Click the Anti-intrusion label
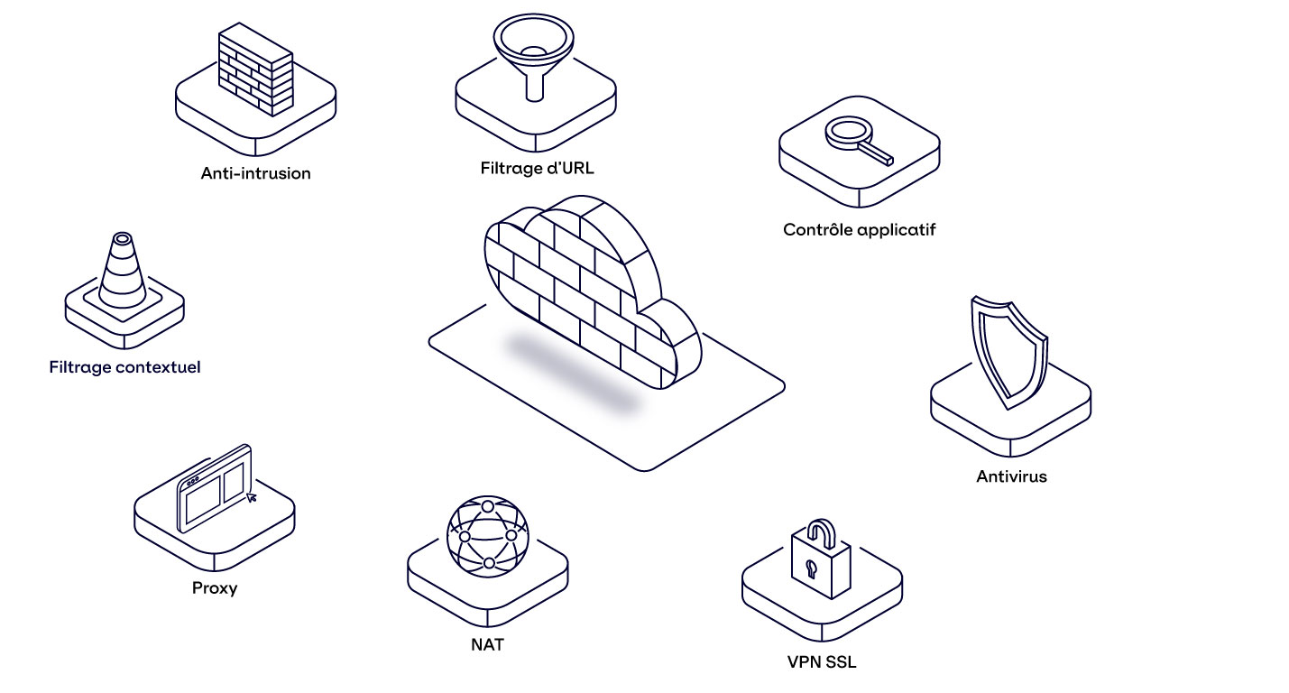click(255, 173)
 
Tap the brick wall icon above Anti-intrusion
click(256, 72)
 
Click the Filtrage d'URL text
click(538, 168)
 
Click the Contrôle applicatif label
click(859, 230)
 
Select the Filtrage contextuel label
click(124, 367)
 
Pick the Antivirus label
click(1011, 476)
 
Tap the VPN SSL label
click(821, 662)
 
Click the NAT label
click(487, 644)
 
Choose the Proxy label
click(215, 588)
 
